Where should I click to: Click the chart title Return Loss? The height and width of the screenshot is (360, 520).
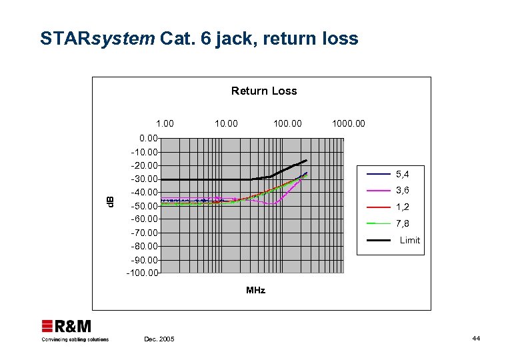(x=264, y=91)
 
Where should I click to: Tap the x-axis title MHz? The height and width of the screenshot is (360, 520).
(x=255, y=290)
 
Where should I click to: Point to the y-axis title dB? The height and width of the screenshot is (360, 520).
(x=111, y=199)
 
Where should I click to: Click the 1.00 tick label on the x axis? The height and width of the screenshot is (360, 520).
(x=165, y=123)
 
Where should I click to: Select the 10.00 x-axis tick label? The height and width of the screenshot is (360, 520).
(x=226, y=123)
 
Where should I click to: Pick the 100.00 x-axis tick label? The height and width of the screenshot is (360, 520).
(x=287, y=123)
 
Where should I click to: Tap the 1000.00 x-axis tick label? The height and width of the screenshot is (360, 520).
(x=349, y=123)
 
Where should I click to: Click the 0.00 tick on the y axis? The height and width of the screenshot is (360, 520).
(x=149, y=139)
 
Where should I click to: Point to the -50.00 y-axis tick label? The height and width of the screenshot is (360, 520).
(x=145, y=206)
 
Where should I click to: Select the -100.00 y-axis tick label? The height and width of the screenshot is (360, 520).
(x=143, y=273)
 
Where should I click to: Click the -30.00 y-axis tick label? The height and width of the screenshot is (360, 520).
(x=145, y=179)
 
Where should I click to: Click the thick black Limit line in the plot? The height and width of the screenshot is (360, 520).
(x=207, y=179)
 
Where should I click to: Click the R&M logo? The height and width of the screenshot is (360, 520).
(x=67, y=326)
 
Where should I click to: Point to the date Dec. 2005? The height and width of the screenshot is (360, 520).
(x=159, y=339)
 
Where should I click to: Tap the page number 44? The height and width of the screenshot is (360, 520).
(x=476, y=339)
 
